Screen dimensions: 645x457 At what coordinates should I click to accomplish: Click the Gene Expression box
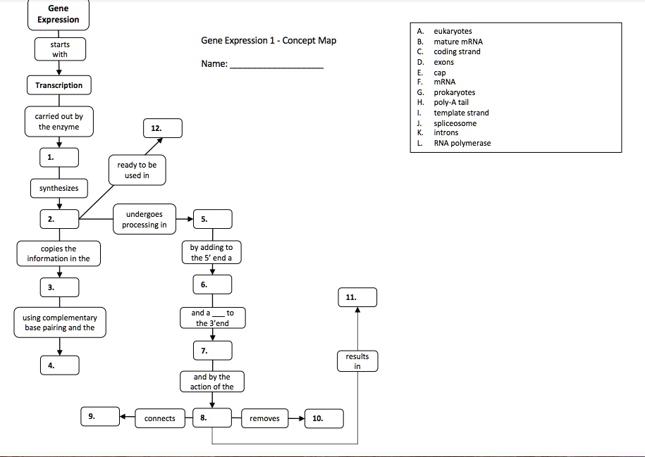coord(59,15)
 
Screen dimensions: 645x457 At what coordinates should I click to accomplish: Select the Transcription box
coord(59,85)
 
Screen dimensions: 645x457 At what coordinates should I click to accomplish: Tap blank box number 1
coord(59,158)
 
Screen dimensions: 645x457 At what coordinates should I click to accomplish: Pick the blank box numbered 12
coord(163,128)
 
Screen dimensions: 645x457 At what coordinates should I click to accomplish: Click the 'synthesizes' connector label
coord(59,188)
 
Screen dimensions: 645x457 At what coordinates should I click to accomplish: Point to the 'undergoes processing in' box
coord(145,219)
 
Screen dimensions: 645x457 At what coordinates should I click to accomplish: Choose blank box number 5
coord(213,219)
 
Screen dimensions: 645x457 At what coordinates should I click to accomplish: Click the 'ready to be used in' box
coord(137,170)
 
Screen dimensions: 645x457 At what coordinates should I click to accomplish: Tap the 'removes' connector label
coord(264,418)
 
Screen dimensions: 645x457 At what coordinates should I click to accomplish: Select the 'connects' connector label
coord(160,418)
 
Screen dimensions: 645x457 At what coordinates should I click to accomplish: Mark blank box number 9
coord(100,416)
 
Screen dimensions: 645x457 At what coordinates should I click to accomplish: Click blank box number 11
coord(357,297)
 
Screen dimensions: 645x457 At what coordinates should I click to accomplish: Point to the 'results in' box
coord(357,361)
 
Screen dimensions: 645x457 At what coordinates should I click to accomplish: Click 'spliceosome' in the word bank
coord(455,123)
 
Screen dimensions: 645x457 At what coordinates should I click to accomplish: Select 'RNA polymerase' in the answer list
coord(462,143)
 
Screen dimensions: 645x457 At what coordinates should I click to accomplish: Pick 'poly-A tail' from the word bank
coord(451,102)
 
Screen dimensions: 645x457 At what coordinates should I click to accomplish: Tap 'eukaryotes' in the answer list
coord(453,31)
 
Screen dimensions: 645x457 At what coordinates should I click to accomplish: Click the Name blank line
coord(277,68)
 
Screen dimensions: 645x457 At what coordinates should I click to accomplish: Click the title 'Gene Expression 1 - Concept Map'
coord(269,40)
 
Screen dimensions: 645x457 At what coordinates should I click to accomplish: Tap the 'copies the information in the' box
coord(59,253)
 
